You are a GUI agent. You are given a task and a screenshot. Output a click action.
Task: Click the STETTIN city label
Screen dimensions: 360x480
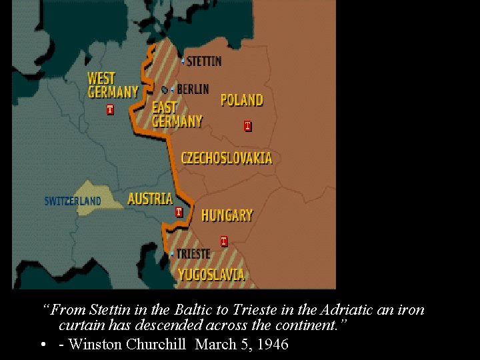coord(204,61)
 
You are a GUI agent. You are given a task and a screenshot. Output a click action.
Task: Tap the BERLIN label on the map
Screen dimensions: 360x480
coord(193,89)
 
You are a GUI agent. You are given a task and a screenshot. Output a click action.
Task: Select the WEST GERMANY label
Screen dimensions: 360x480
coord(113,85)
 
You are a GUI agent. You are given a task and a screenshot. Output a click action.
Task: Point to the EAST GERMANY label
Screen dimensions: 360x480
coord(177,114)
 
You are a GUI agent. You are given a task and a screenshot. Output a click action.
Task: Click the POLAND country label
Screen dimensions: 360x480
coord(241,100)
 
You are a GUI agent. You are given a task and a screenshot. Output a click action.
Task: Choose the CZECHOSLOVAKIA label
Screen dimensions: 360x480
coord(227,158)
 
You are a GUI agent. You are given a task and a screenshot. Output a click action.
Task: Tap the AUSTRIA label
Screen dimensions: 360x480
coord(150,199)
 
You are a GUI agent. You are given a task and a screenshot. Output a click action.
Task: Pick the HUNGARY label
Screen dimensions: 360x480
coord(227,215)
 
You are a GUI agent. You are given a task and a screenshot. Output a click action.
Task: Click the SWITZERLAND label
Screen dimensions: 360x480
coord(73,201)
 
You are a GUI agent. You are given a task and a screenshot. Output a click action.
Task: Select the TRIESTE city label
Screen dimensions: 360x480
coord(193,254)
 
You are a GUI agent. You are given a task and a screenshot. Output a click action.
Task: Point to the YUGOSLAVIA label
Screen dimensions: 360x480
coord(211,275)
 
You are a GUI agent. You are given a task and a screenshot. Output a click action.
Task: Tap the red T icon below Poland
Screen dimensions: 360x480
coord(247,125)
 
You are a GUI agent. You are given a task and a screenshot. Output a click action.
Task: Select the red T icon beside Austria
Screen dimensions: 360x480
coord(179,212)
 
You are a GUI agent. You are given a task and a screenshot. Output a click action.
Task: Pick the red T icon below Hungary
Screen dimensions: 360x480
coord(223,241)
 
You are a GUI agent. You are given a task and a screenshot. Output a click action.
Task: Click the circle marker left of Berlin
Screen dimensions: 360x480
coord(165,89)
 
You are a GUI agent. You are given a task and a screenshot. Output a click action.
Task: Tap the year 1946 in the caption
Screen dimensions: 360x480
coord(273,345)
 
